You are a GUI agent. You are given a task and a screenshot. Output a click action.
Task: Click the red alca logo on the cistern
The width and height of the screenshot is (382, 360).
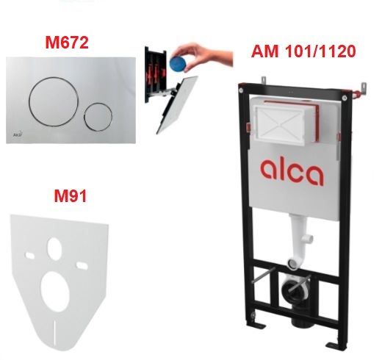pyautogui.click(x=291, y=173)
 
